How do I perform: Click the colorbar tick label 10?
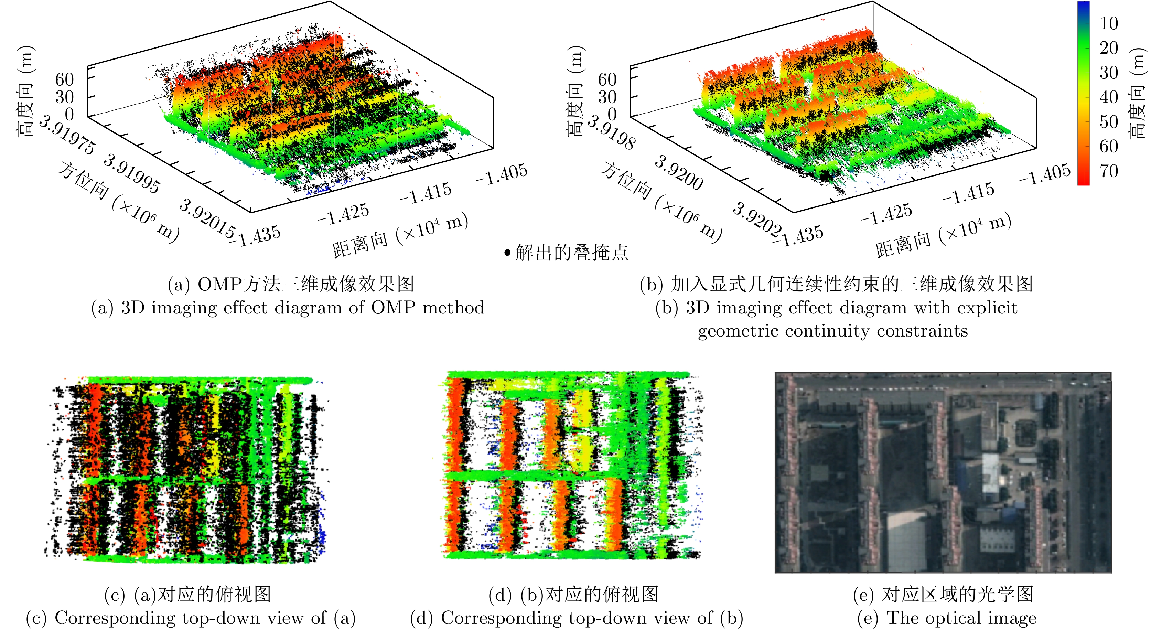1109,23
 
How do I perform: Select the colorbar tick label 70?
1109,171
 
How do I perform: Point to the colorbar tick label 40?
1109,97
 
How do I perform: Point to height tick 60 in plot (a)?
64,79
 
